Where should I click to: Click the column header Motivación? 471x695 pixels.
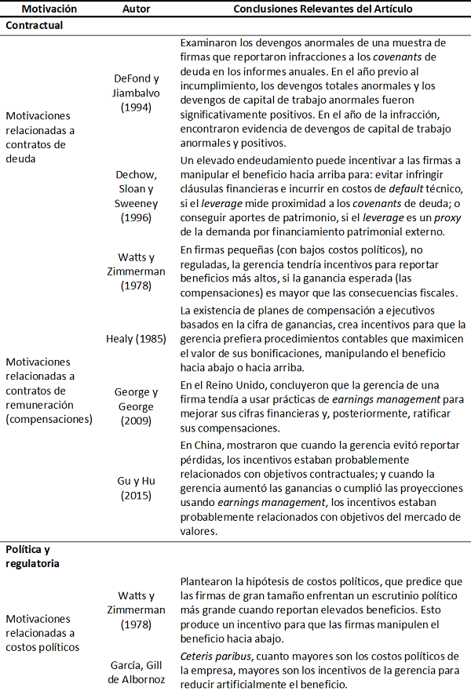(49, 9)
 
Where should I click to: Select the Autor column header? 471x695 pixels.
(137, 9)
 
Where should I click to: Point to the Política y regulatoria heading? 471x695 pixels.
(34, 556)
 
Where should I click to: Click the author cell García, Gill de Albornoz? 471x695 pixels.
(137, 673)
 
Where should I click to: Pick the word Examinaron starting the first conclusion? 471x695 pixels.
(208, 42)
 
